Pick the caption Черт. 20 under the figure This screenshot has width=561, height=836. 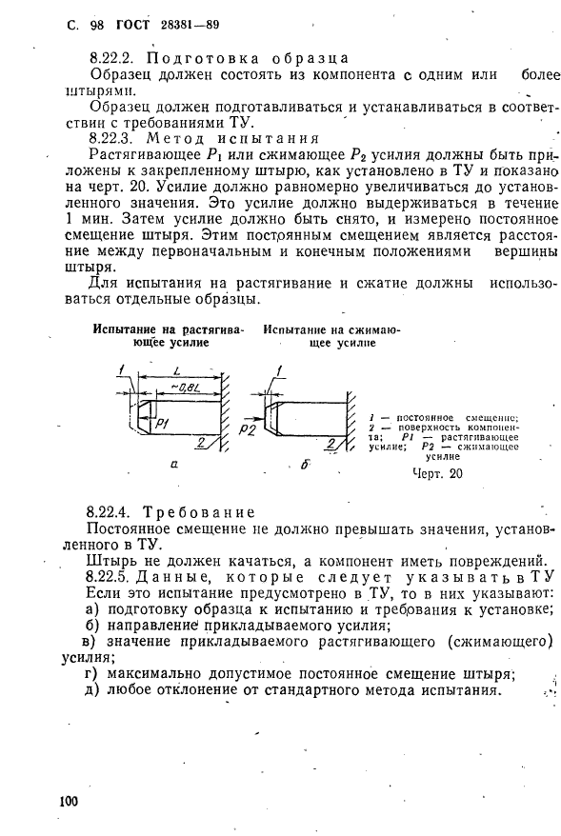coord(437,473)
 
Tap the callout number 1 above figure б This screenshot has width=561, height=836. coord(277,370)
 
